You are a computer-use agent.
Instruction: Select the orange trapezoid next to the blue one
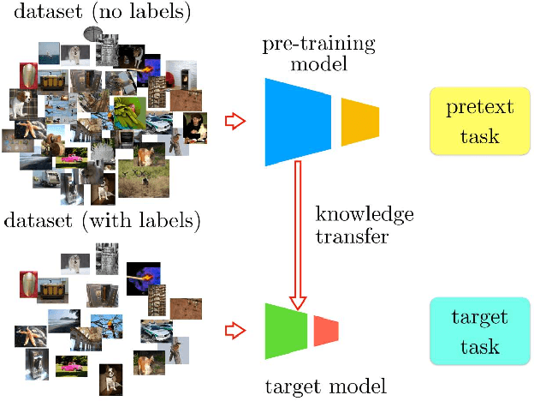point(359,121)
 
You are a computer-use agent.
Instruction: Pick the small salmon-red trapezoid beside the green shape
point(326,330)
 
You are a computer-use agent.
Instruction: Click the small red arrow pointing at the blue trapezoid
point(234,122)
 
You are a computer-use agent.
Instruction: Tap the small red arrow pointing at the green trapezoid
point(234,329)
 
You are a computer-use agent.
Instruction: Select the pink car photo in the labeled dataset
point(71,368)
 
